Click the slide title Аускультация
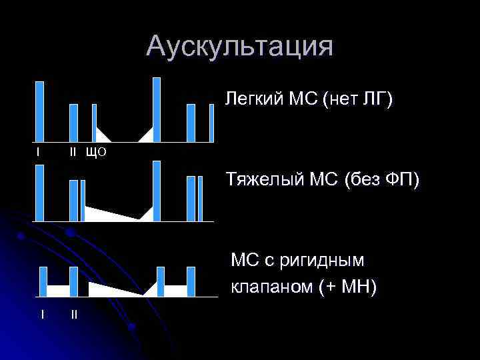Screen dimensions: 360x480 click(239, 47)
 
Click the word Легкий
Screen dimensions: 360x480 click(254, 100)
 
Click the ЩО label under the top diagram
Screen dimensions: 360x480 click(97, 153)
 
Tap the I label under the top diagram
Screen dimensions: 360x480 click(38, 153)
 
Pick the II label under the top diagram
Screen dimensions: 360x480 click(75, 153)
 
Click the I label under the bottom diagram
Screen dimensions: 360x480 click(43, 313)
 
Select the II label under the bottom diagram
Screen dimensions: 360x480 click(74, 313)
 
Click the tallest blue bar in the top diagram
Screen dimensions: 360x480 click(157, 110)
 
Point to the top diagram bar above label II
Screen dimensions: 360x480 click(73, 123)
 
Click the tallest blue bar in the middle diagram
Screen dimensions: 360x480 click(157, 191)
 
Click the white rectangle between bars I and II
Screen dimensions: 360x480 click(59, 290)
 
